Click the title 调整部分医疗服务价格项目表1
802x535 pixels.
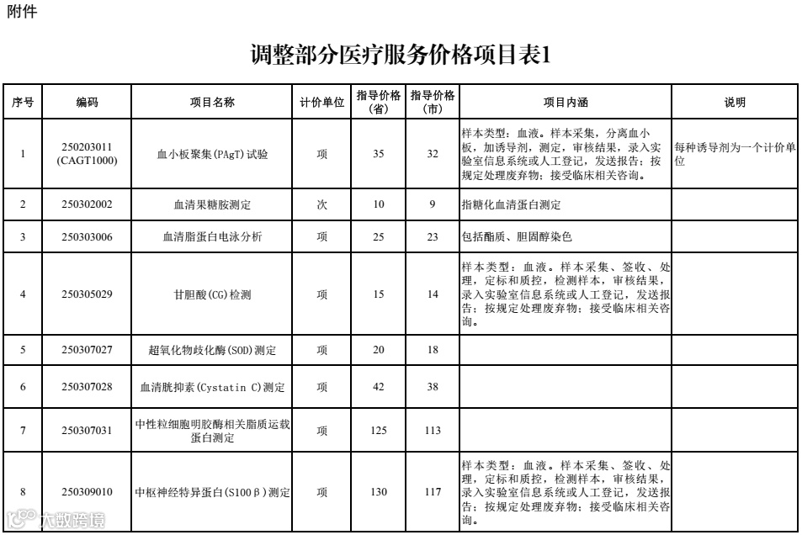(401, 56)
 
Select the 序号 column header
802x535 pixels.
(23, 103)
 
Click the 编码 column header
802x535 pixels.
(87, 103)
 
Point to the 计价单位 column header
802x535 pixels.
(322, 103)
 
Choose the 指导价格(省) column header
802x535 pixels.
(378, 103)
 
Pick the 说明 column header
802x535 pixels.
(735, 103)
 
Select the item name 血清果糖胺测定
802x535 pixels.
(212, 204)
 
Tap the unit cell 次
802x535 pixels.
(322, 204)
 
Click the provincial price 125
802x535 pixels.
(378, 430)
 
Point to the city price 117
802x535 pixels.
(433, 492)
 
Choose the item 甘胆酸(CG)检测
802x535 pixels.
(212, 294)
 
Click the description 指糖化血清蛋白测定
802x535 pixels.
(511, 204)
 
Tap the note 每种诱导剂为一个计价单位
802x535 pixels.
(735, 154)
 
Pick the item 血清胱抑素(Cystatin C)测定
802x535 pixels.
(212, 388)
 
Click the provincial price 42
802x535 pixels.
(378, 388)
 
